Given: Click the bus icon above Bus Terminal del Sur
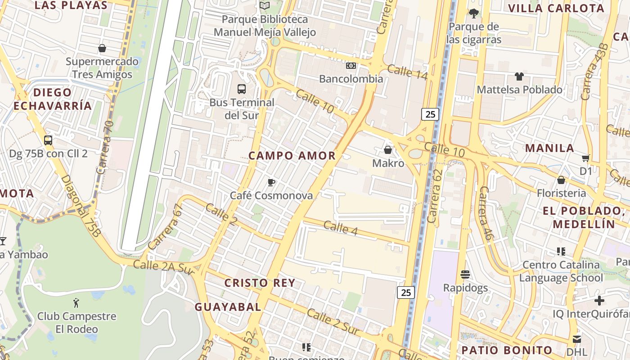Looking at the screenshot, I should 242,89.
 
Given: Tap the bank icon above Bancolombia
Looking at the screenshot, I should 351,66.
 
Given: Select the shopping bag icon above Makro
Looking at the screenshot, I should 388,149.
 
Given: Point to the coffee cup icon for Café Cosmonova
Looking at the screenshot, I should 271,182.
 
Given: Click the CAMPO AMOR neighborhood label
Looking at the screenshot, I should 292,156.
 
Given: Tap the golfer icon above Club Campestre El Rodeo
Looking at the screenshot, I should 76,302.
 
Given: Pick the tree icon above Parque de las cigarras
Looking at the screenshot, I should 473,13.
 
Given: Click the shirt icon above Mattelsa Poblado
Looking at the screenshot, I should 519,76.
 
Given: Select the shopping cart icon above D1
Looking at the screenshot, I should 585,158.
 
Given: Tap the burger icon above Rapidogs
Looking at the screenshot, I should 465,274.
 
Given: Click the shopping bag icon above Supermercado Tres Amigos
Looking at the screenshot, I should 102,48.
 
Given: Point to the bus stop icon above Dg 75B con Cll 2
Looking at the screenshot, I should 48,140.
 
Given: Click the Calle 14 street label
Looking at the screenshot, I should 407,72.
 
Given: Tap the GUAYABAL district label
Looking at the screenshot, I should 228,307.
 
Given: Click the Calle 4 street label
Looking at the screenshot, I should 341,228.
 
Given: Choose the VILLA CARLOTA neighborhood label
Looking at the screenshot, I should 556,8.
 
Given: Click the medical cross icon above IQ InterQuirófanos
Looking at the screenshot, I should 599,300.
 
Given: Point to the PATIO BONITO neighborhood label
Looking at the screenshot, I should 507,350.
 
